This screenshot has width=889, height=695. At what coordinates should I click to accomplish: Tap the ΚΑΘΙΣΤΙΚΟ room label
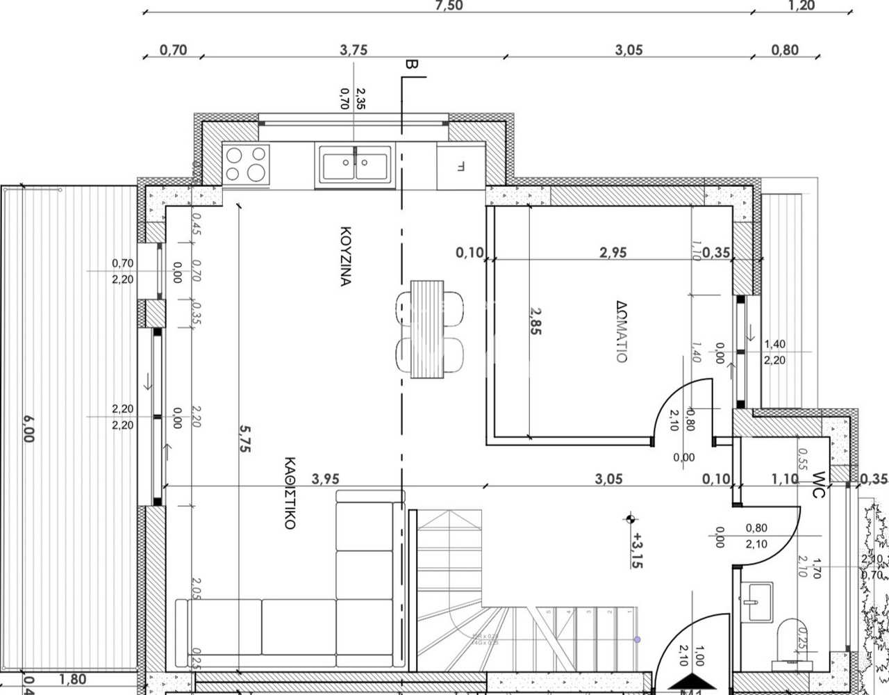coord(290,493)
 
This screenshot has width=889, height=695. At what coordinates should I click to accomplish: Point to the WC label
coord(817,484)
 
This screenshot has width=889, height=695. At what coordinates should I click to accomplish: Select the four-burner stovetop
coord(245,164)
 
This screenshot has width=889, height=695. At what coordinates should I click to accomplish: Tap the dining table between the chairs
coord(427,329)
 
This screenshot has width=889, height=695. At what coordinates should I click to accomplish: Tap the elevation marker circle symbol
coord(631,518)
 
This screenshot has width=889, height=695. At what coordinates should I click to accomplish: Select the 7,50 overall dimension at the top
coord(448,6)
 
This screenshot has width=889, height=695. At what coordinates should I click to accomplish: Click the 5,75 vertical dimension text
coord(244,439)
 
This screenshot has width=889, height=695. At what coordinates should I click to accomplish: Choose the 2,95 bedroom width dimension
coord(613,252)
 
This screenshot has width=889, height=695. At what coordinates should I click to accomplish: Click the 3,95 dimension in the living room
coord(326,478)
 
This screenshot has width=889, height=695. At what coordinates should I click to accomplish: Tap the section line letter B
coord(410,65)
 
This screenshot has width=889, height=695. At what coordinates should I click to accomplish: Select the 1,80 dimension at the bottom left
coord(73,679)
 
